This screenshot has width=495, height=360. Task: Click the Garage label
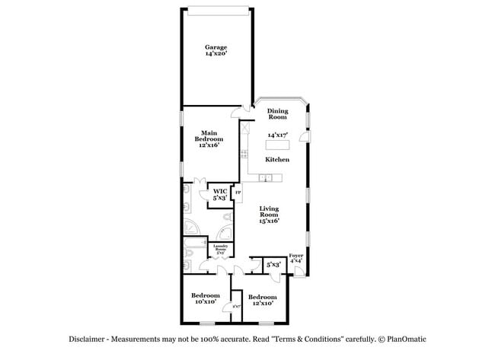tap(216, 47)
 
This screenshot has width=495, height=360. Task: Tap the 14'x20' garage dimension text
tap(216, 54)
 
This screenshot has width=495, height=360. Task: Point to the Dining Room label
tap(276, 114)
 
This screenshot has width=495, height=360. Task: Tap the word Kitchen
tap(276, 160)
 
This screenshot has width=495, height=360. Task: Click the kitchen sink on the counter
tap(264, 178)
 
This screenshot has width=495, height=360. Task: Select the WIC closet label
tap(219, 191)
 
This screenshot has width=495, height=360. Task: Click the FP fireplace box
tap(237, 193)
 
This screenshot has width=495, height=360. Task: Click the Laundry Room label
tap(221, 248)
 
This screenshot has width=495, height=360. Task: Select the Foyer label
tap(296, 255)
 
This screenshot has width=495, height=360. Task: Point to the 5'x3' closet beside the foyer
tap(273, 263)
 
